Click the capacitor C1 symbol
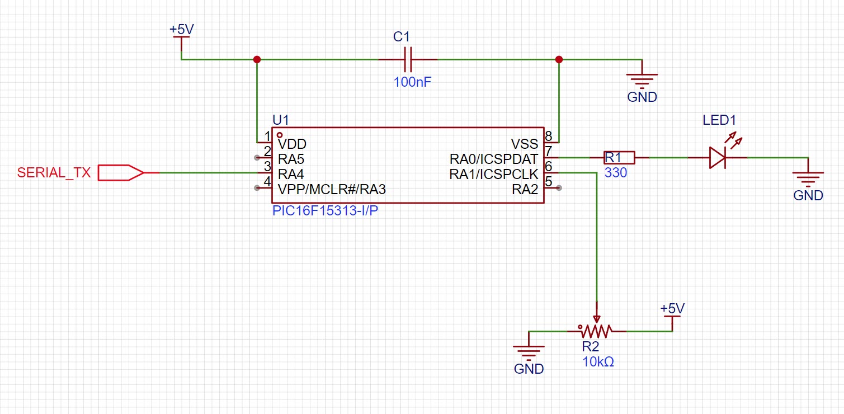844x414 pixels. click(x=408, y=59)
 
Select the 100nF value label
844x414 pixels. click(x=412, y=82)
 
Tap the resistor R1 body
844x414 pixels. click(x=619, y=158)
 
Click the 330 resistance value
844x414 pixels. click(x=615, y=173)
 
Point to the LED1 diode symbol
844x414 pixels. click(x=717, y=158)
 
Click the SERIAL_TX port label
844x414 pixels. click(x=54, y=172)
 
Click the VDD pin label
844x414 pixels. click(x=292, y=144)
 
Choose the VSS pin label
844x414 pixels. click(x=524, y=144)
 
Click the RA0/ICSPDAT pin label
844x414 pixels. click(x=493, y=159)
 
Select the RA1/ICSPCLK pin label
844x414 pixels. click(x=493, y=175)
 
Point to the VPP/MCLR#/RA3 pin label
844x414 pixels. click(x=332, y=190)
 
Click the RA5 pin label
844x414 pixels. click(x=290, y=159)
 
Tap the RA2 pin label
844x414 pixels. click(x=525, y=190)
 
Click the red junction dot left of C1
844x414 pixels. click(x=257, y=59)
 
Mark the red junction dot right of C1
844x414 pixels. click(x=558, y=59)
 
